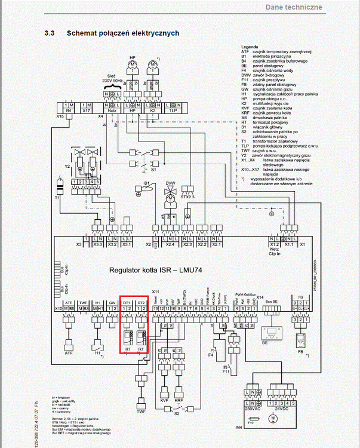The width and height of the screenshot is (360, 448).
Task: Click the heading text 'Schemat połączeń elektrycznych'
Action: coord(122,33)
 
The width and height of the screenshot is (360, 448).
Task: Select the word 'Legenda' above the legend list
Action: coord(248,47)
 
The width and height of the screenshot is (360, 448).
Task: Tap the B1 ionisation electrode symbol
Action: coord(141,191)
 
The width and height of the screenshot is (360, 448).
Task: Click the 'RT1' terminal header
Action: coord(127,303)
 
